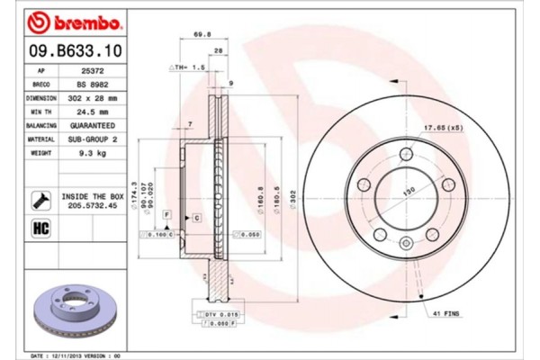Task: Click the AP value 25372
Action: (x=93, y=69)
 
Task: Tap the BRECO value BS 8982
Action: (x=93, y=83)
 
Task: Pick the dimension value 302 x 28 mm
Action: (x=93, y=97)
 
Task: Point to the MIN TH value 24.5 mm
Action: (x=93, y=112)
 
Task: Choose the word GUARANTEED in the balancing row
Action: (x=93, y=126)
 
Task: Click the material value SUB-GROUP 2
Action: (x=93, y=140)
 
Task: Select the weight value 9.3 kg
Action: (x=93, y=155)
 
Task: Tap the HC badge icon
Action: (x=40, y=228)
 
